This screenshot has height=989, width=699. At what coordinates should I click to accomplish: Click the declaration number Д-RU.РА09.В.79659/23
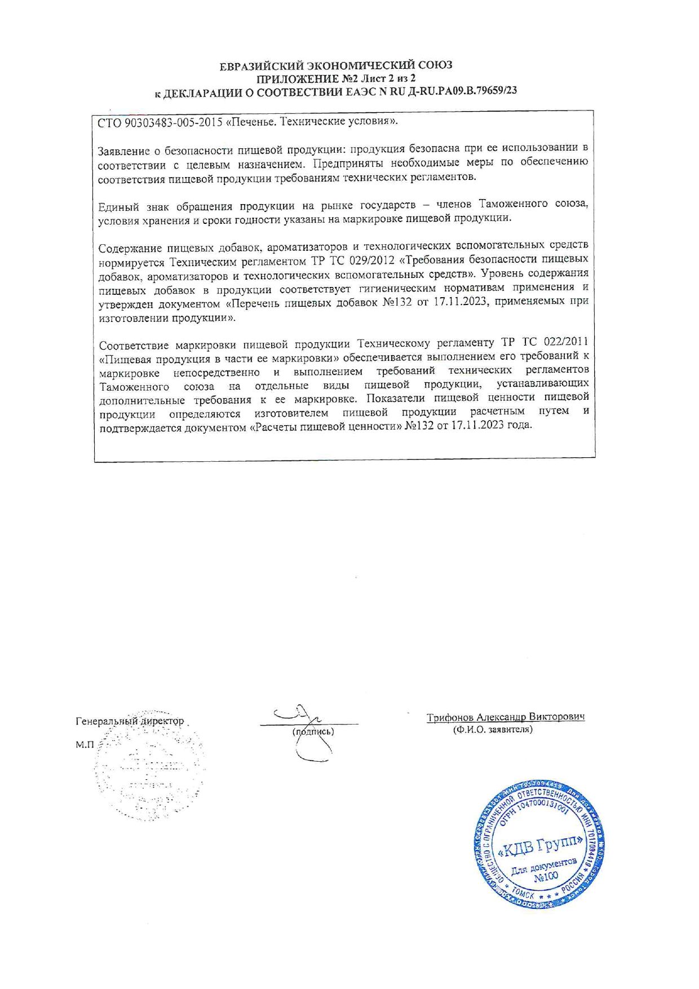[453, 92]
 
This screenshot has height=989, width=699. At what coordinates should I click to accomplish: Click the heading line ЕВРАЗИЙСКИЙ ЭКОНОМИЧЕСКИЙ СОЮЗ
[336, 65]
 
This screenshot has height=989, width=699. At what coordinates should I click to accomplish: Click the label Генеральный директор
[130, 721]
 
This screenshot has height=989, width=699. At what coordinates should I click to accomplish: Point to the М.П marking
[85, 745]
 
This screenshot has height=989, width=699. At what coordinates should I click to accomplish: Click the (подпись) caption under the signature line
[313, 731]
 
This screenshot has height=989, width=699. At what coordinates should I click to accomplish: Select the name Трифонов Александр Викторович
[505, 717]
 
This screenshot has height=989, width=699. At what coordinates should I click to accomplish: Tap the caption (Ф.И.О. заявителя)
[493, 730]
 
